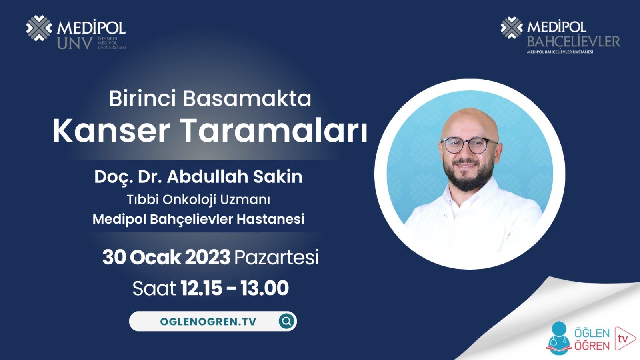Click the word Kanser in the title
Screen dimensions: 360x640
[111, 131]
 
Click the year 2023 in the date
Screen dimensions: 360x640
[207, 257]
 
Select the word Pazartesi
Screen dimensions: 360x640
[276, 257]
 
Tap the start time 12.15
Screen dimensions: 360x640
[201, 288]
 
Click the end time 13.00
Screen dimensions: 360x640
[264, 288]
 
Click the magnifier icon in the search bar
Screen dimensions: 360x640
[286, 321]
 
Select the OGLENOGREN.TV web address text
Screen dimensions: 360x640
[208, 322]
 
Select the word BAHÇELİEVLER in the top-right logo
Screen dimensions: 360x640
[573, 41]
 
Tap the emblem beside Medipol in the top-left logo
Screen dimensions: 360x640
[39, 28]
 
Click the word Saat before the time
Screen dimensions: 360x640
[154, 288]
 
